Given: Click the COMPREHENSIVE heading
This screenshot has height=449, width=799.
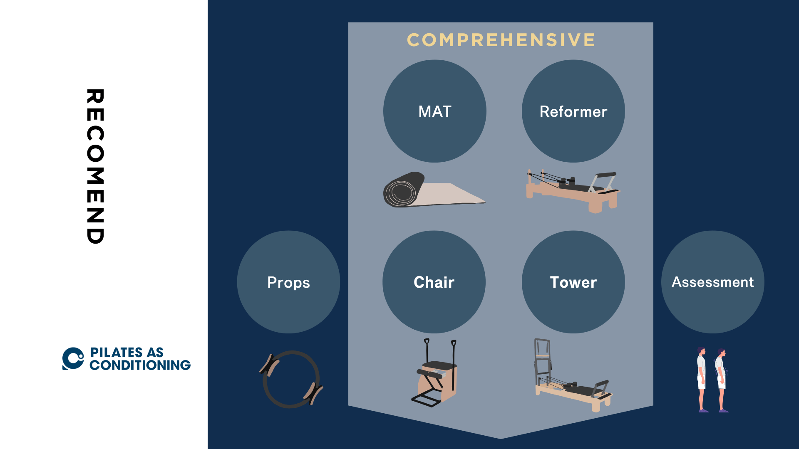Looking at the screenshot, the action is coord(501,40).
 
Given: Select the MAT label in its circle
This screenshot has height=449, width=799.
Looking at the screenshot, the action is coord(435,111).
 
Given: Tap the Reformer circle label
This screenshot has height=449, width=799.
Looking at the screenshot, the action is coord(573,111).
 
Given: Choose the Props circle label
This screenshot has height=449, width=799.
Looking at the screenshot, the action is coord(288,283).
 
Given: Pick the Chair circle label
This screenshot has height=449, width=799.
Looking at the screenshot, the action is coord(434,282).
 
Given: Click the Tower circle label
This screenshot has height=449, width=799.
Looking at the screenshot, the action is coord(573,282).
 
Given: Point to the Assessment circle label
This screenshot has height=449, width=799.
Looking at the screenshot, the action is coord(713,282).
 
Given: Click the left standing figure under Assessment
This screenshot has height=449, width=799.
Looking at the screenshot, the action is coord(702,380).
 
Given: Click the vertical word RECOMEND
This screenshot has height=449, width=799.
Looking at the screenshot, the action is coord(95,166).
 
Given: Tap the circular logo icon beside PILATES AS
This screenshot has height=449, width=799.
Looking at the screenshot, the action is coord(73,358).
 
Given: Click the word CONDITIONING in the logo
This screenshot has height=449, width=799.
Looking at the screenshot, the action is coord(140,365).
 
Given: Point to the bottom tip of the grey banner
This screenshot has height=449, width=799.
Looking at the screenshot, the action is coord(501,439).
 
